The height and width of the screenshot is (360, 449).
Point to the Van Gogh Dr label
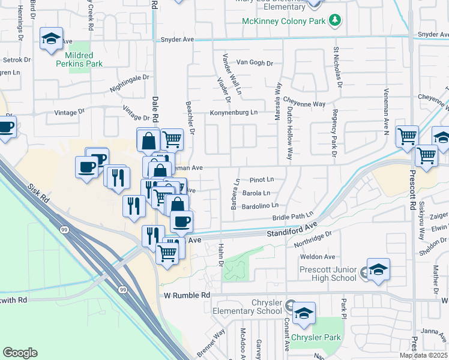coord(255,62)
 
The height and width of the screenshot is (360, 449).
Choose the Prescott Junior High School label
coord(328,274)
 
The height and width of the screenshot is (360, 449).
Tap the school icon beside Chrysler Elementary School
coord(304,314)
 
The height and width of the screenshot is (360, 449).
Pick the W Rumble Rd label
coord(187,295)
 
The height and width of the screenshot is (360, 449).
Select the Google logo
coord(20,353)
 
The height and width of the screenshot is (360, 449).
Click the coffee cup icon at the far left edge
coord(6,128)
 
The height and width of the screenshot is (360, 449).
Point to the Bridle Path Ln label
coord(293,215)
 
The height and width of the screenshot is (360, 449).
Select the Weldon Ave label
coord(317,257)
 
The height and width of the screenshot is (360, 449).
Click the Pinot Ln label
coord(262,179)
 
